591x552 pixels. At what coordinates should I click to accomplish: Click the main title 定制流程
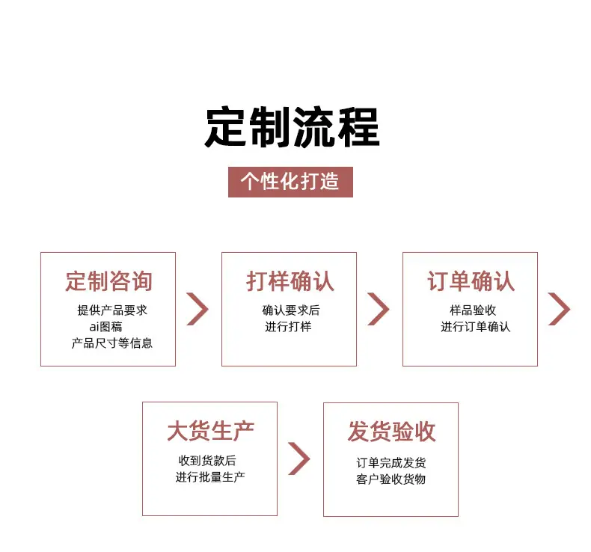point(292,127)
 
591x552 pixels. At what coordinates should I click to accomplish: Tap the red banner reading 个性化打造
point(290,182)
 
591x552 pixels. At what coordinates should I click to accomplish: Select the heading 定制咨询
point(109,281)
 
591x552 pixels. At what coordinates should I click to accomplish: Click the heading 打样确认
point(290,281)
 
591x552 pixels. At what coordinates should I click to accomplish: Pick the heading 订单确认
point(471,281)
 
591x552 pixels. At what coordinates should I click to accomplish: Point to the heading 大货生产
point(210,431)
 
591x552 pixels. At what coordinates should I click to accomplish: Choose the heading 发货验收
point(391,432)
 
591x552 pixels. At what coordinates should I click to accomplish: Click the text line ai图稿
point(105,327)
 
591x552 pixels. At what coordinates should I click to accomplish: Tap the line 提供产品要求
point(112,310)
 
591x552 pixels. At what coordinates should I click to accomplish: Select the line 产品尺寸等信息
point(112,343)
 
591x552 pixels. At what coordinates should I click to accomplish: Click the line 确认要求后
point(291,310)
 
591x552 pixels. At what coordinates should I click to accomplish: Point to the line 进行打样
point(288,327)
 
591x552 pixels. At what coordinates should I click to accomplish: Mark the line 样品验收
point(473,310)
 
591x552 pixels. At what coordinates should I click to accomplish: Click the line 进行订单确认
point(476,327)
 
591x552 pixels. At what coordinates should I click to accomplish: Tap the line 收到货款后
point(207,461)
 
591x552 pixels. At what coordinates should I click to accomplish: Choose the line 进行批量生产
point(210,477)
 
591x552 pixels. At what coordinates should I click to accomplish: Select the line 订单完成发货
point(391,463)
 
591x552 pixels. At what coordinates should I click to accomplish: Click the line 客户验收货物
point(391,479)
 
